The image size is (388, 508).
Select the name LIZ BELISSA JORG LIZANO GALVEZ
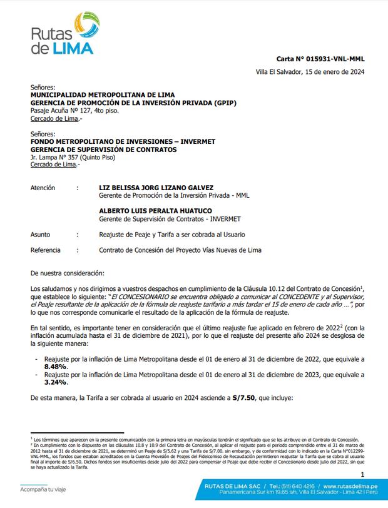(156, 188)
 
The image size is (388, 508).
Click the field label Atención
(43, 188)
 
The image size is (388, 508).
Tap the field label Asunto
(41, 235)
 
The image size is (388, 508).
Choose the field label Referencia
(46, 250)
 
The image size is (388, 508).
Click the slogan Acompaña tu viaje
(43, 490)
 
